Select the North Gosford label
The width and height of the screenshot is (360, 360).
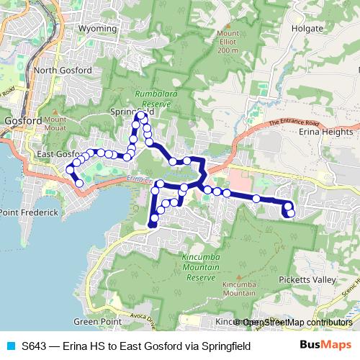point(63,70)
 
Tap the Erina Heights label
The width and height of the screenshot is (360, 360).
point(328,132)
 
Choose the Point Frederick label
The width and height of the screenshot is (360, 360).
point(29,213)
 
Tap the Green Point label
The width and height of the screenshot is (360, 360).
point(96,321)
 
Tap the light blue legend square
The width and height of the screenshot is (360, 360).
point(10,346)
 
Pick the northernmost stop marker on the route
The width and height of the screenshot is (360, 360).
point(141,115)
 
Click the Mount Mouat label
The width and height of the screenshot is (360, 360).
point(55,123)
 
